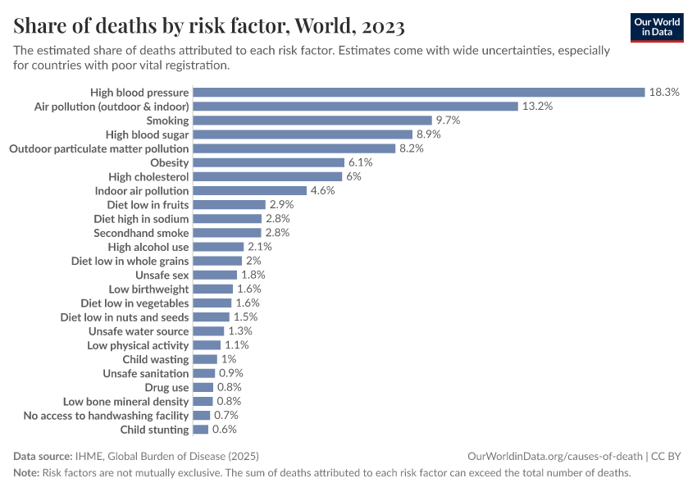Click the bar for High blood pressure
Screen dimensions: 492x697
419,92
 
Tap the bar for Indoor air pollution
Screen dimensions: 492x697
249,190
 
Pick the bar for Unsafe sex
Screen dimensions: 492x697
215,275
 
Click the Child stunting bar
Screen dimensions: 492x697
200,430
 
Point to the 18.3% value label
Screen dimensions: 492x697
664,92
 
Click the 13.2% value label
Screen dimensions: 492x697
537,107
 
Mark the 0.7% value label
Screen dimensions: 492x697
226,416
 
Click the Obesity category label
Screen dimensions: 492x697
169,162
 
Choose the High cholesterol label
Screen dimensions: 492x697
148,176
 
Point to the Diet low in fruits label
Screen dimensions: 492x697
148,205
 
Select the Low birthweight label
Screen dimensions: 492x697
148,289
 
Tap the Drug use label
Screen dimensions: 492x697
166,387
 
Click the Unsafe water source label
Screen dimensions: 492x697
139,331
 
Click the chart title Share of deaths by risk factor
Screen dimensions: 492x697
209,26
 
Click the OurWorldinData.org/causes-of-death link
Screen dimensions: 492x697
554,456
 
